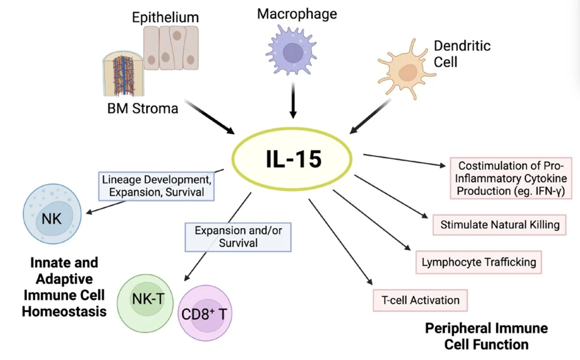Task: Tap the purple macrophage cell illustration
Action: pyautogui.click(x=293, y=50)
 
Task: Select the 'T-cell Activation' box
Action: pyautogui.click(x=420, y=300)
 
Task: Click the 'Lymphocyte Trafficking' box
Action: pyautogui.click(x=478, y=262)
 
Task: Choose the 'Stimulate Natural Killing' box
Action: pyautogui.click(x=499, y=225)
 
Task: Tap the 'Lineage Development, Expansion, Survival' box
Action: pyautogui.click(x=156, y=187)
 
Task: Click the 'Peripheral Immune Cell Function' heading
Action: pyautogui.click(x=486, y=336)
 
